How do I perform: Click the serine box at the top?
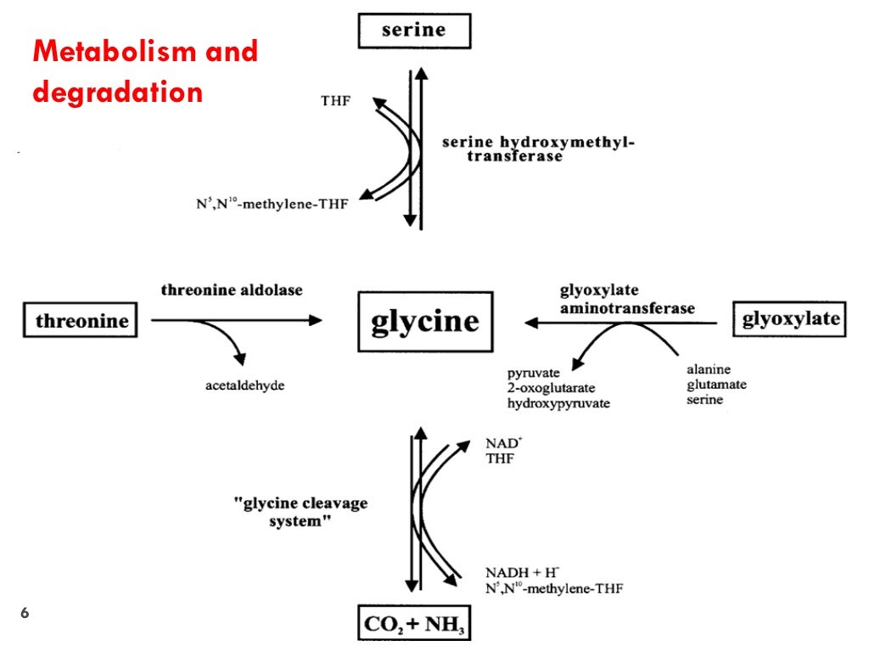413,31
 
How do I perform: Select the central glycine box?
424,321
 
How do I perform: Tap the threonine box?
81,321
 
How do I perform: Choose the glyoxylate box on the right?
790,319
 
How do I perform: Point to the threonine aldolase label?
232,289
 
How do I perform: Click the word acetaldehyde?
244,385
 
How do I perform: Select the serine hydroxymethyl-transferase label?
538,149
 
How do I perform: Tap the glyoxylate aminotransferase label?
626,299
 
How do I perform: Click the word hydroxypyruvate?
558,403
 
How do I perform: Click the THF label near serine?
334,101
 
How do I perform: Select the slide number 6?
25,613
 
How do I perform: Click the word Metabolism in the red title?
108,52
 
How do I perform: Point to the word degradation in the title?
117,92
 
